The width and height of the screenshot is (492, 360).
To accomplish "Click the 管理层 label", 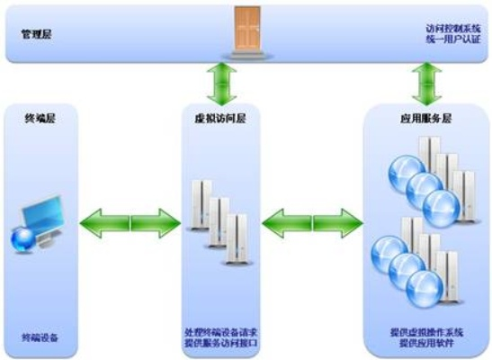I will click(x=38, y=35).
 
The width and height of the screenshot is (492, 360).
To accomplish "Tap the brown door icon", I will click(x=246, y=28).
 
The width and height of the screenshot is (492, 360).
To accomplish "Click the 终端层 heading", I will click(x=38, y=118).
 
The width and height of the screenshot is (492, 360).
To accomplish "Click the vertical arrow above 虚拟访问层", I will click(x=219, y=83).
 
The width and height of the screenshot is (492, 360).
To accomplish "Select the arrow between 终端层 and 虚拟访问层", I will click(x=130, y=220).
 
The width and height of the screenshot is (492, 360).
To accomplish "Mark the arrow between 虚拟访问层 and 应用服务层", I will click(x=311, y=220).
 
